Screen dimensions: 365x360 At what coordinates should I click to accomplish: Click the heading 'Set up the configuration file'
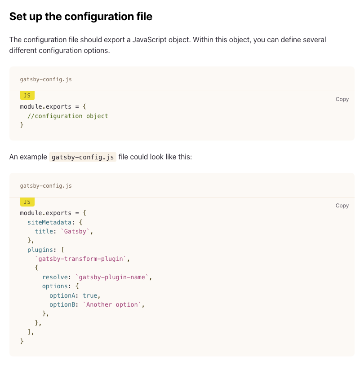(81, 17)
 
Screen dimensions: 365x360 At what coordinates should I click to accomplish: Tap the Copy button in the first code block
(342, 99)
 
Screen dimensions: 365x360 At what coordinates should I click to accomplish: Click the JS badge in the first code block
(27, 96)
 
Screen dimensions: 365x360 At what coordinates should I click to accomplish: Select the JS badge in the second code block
(27, 202)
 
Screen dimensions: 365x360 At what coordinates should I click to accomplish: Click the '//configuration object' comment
(68, 116)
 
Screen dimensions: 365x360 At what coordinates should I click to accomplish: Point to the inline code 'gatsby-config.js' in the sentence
(82, 157)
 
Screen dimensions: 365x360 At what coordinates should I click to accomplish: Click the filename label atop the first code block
(46, 79)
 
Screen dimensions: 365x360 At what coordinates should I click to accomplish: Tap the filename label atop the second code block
(46, 186)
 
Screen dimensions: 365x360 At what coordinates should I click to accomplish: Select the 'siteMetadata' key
(49, 222)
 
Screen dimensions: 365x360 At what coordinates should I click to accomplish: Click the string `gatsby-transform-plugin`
(82, 259)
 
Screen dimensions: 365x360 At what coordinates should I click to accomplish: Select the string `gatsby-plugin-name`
(112, 277)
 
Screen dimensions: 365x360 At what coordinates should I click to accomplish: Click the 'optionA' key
(62, 295)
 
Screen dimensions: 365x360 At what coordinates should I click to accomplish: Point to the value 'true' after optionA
(90, 295)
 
